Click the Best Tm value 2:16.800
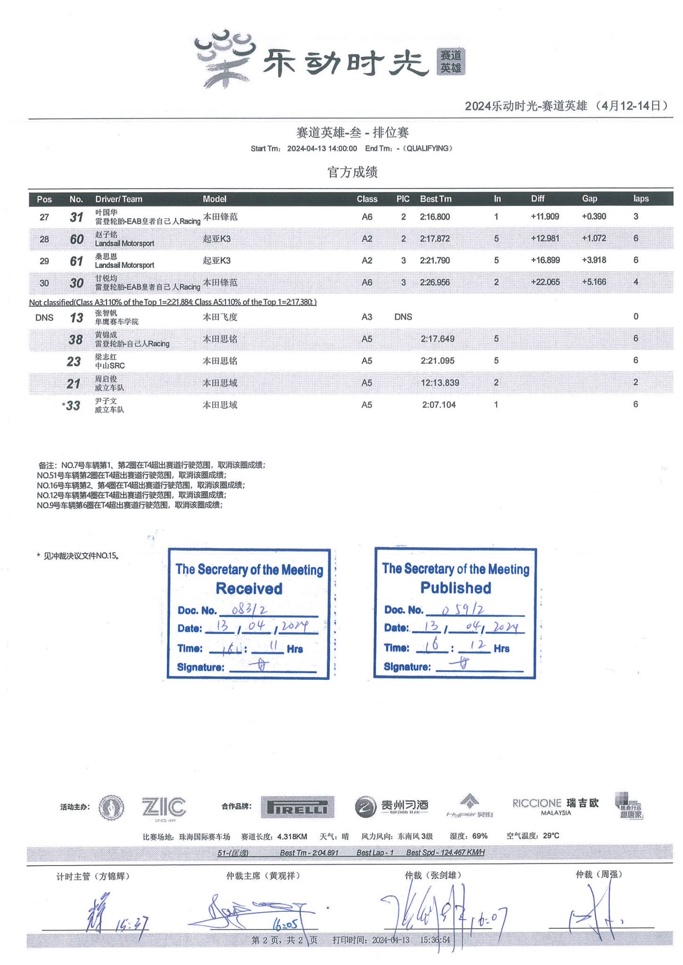tap(434, 217)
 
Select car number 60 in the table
tap(76, 239)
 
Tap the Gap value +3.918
tap(593, 260)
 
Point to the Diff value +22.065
tap(545, 282)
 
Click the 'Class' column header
tap(366, 199)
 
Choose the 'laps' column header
tap(641, 199)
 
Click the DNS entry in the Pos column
tap(44, 317)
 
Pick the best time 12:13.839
tap(440, 383)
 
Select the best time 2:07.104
tap(439, 404)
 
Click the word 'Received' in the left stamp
tap(249, 588)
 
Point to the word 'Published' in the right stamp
tap(456, 588)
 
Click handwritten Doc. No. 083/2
tap(250, 610)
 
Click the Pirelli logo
tap(297, 807)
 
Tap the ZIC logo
tap(164, 807)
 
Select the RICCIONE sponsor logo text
tap(537, 803)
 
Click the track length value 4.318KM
tap(292, 836)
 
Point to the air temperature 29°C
tap(550, 836)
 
